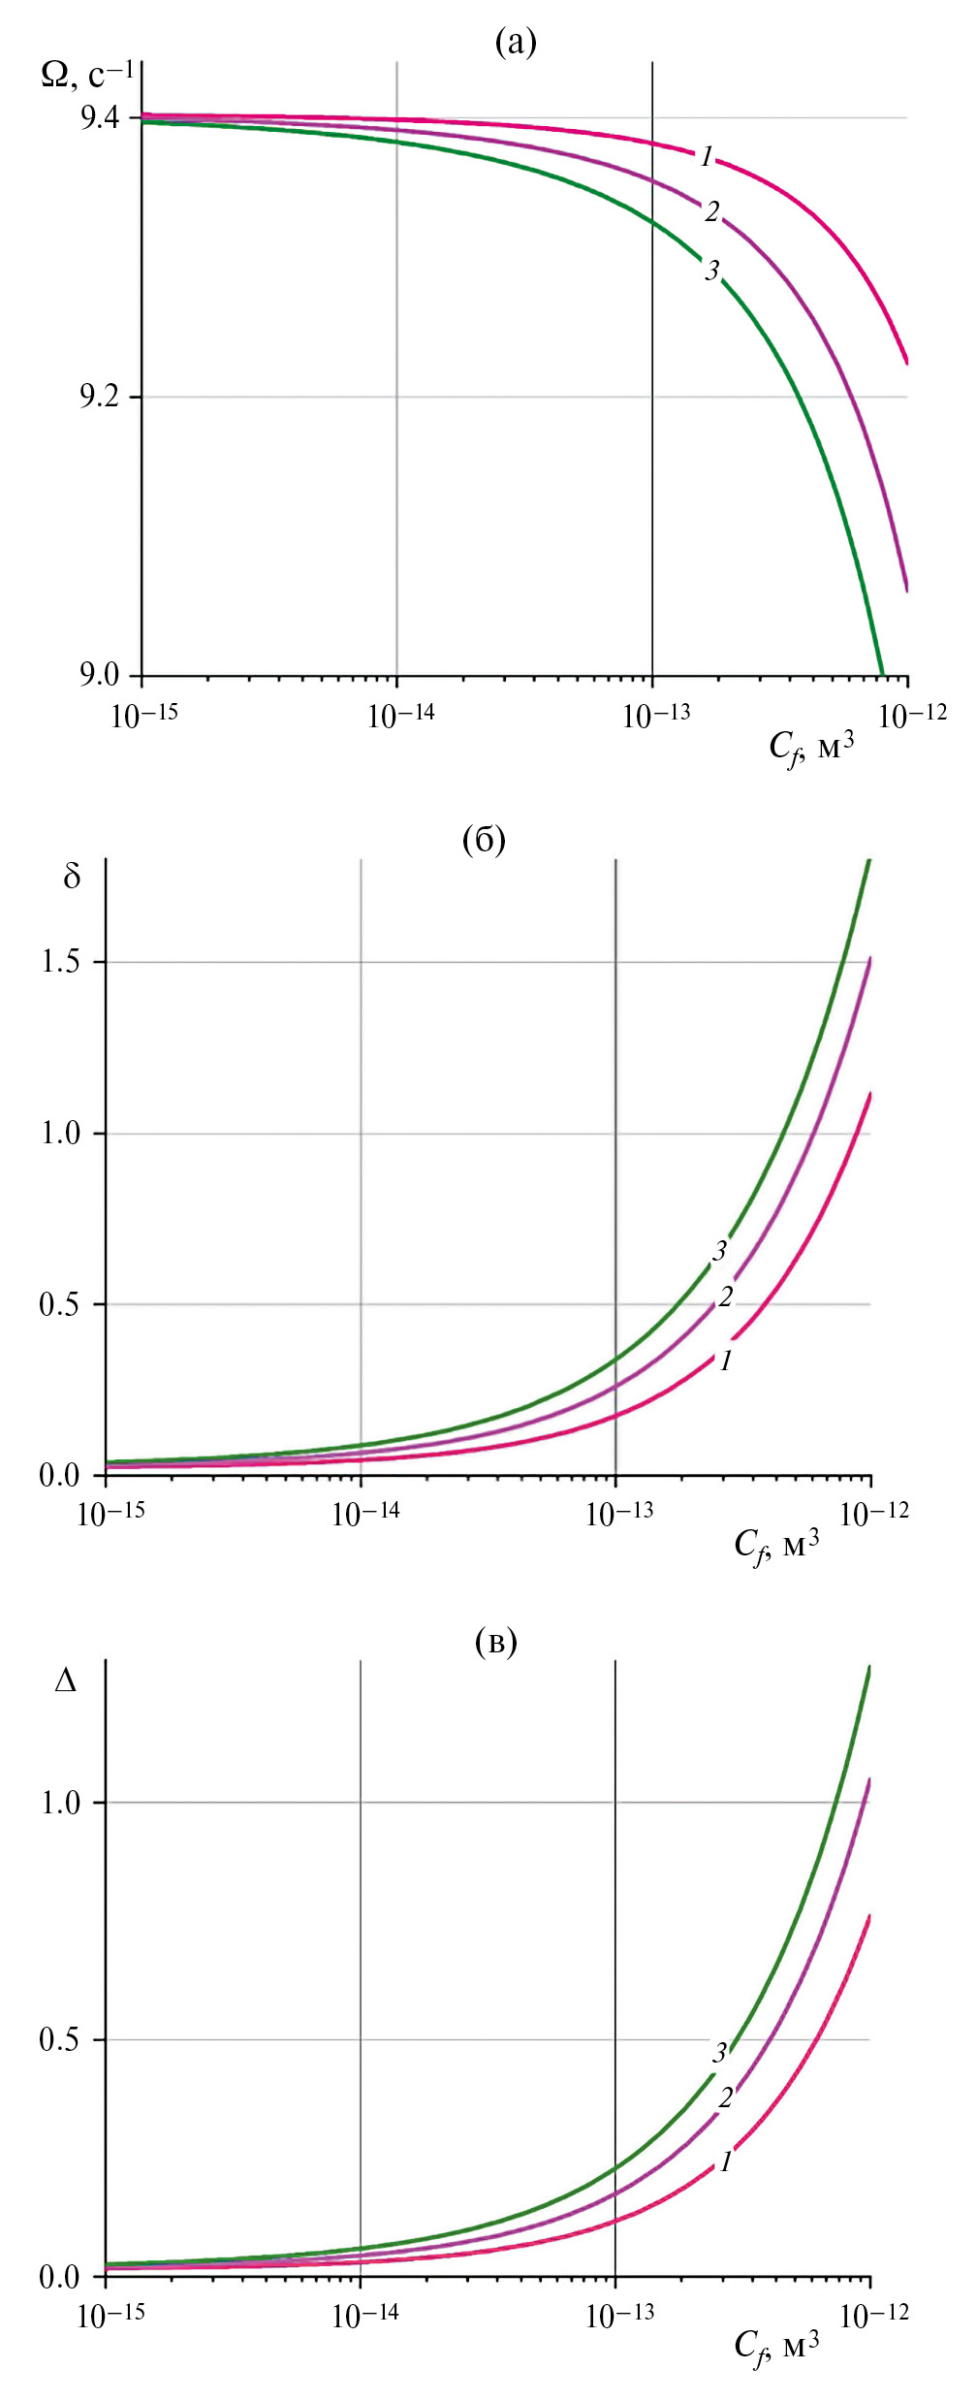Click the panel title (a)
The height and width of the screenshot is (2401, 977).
pos(515,43)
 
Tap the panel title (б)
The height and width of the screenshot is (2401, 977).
pos(484,840)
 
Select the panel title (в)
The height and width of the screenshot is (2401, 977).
pos(496,1642)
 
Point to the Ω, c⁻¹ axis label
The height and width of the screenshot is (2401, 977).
pos(87,75)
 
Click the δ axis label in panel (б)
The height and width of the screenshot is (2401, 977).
pos(72,878)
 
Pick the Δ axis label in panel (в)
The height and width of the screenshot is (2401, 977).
pos(66,1681)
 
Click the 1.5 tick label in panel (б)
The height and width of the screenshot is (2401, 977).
pos(59,962)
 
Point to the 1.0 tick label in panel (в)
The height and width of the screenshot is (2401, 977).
pos(59,1803)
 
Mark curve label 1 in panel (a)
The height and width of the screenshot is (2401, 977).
pos(708,156)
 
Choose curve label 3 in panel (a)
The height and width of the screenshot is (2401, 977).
pos(712,271)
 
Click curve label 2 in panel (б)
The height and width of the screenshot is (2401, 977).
pos(725,1297)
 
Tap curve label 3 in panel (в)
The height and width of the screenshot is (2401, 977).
pos(719,2052)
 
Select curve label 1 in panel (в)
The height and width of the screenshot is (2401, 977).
pos(725,2161)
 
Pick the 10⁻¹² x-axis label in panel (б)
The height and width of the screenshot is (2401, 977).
pos(874,1514)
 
